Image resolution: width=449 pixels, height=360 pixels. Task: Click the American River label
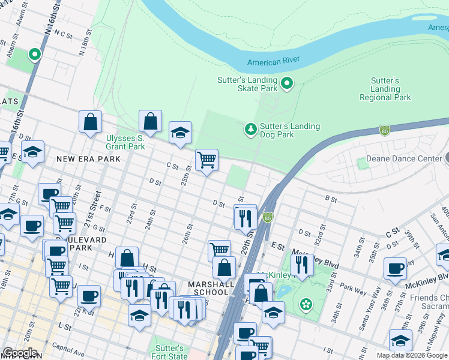273,61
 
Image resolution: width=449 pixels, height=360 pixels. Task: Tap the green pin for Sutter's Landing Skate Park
287,83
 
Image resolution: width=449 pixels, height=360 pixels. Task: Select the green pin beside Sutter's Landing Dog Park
250,129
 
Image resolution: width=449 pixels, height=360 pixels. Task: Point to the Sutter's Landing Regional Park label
385,89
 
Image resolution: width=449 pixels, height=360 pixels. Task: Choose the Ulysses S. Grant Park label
125,142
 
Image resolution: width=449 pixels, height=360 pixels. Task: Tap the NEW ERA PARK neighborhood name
88,159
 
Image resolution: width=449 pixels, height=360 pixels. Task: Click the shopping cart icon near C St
206,160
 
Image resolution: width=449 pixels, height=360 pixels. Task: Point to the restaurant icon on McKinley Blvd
302,265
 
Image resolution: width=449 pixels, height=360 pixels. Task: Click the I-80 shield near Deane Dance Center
385,130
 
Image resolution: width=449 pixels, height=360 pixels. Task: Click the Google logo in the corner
19,353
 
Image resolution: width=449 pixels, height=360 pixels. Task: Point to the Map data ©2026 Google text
412,355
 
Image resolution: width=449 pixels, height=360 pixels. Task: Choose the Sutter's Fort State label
169,352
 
